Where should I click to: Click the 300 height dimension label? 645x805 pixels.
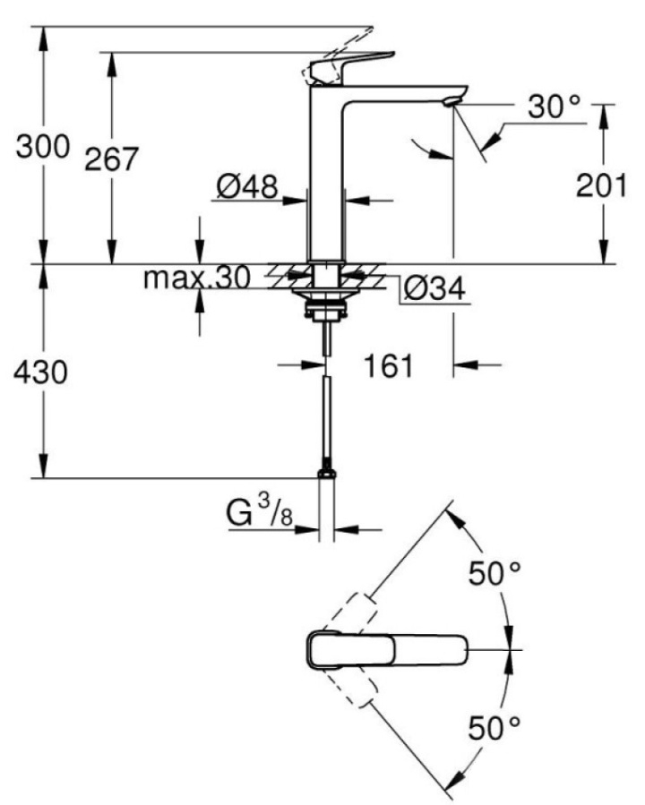(43, 146)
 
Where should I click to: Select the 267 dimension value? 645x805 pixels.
(111, 158)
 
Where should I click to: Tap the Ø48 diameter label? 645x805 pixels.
(247, 186)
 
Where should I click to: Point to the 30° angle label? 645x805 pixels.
(555, 107)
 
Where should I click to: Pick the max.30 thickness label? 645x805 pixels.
(197, 278)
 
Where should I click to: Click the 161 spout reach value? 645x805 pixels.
(388, 365)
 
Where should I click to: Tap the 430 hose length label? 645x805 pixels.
(40, 372)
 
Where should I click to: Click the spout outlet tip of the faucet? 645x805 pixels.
(451, 102)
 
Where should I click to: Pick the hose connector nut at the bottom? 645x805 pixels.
(327, 473)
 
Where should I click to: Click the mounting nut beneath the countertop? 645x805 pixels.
(326, 311)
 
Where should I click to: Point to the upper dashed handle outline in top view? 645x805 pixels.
(356, 613)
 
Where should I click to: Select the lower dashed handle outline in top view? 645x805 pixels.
(356, 687)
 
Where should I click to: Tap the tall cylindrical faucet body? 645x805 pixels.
(327, 175)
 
